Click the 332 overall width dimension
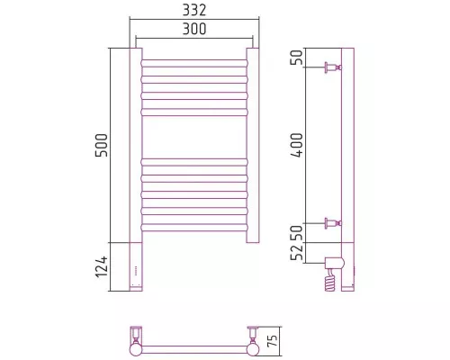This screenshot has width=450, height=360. coord(194,10)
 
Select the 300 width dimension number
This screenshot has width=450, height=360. coord(194,29)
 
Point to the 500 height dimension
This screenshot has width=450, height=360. coord(102,146)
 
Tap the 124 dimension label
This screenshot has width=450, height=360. coord(102,266)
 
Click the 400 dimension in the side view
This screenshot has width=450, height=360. coord(298,145)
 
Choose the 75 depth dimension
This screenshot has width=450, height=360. coord(273,340)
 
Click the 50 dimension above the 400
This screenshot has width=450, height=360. coord(298,58)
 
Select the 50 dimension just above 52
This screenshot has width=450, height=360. coord(298,233)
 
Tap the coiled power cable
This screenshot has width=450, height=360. coord(330,280)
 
